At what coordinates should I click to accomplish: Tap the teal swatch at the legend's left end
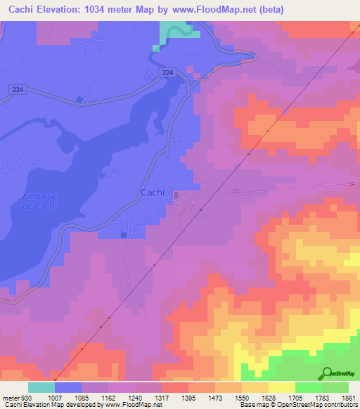coord(41,387)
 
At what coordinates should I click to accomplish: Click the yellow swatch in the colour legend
coord(282,387)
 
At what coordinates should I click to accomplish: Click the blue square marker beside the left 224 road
coord(79,100)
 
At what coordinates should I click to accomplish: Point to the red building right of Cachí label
coord(176,195)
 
